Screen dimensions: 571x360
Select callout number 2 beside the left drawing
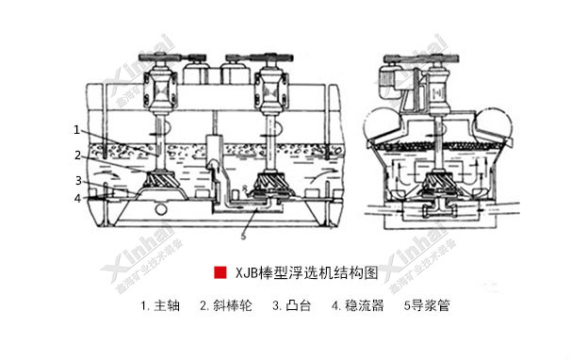pyautogui.click(x=77, y=154)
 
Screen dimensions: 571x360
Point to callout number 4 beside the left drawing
pyautogui.click(x=78, y=198)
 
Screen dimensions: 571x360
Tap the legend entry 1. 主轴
pyautogui.click(x=159, y=305)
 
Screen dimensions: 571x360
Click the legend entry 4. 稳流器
pyautogui.click(x=357, y=305)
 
